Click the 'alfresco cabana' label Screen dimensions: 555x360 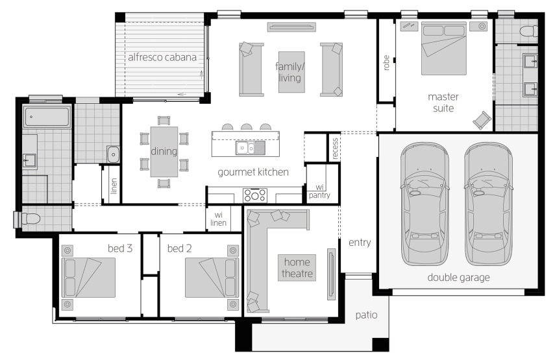162,57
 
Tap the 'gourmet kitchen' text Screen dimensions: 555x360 253,173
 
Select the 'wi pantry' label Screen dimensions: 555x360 319,191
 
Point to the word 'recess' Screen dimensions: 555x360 335,149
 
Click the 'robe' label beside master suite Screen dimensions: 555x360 386,62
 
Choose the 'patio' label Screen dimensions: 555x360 366,315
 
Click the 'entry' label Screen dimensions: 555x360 360,243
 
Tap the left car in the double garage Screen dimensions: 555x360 425,204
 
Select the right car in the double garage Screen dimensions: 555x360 488,204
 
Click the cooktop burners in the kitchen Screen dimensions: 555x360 255,195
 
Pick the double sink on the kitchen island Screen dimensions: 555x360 251,148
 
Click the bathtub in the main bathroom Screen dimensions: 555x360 47,117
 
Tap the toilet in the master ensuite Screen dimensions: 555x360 529,31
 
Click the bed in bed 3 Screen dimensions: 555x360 88,278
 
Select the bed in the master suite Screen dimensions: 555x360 443,49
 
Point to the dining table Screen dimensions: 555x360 164,152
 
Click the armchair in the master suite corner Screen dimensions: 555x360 482,120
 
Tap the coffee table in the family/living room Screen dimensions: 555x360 291,72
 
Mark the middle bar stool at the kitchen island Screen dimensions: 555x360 247,127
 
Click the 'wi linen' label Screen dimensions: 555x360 218,219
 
